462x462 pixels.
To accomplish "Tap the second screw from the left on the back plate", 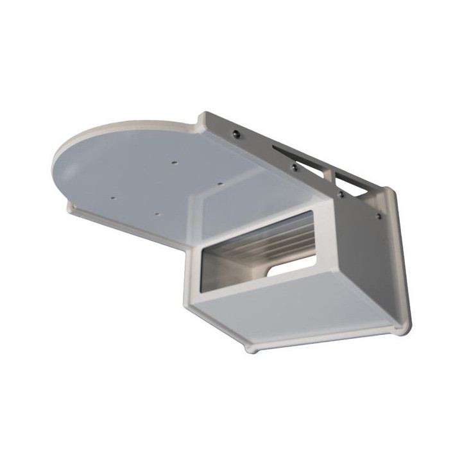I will click(293, 166).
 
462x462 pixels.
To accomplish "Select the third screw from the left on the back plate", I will click(341, 193).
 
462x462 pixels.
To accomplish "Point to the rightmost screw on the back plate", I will click(379, 216).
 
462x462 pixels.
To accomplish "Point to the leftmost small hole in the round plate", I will click(113, 198).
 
